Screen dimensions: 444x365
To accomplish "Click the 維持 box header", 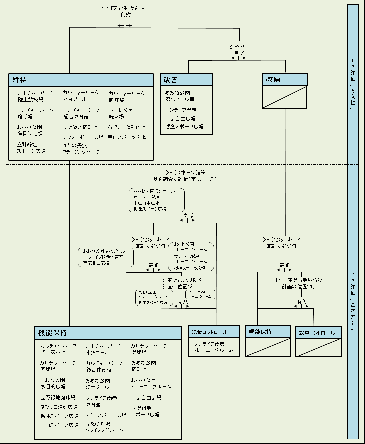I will click(81, 80).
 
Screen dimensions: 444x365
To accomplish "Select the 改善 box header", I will click(186, 80).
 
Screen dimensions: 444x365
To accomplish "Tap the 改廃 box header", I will click(284, 80).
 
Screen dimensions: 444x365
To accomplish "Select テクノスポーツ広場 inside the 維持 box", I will click(83, 137).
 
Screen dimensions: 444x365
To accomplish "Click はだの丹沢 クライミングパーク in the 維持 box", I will click(81, 149).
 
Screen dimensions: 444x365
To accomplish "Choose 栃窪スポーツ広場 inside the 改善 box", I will click(184, 127).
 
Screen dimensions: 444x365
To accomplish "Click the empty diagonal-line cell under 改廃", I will click(284, 97).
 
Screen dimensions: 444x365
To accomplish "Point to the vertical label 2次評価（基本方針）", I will click(353, 305).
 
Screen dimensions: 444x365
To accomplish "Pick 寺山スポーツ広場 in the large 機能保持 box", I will click(59, 425).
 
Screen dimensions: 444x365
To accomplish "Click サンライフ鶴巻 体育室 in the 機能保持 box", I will click(101, 401).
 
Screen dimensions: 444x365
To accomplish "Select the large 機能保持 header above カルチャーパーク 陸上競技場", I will click(108, 333).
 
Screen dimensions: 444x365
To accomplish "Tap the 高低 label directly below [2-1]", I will click(188, 216).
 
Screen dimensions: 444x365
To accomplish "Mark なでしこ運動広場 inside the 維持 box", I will click(127, 127).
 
